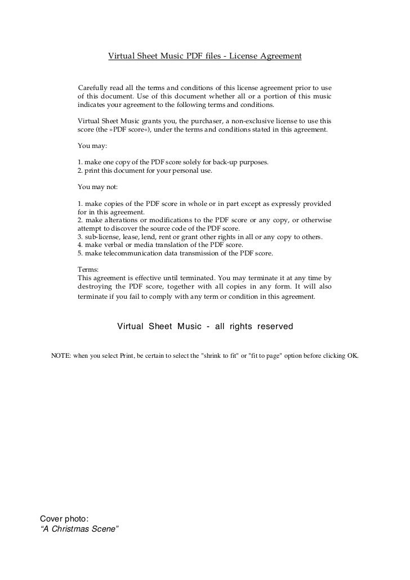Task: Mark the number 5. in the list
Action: (x=80, y=254)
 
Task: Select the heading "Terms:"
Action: (x=88, y=269)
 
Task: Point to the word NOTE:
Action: (x=61, y=357)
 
